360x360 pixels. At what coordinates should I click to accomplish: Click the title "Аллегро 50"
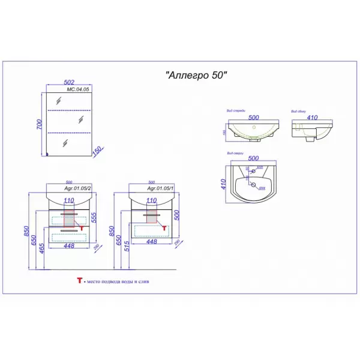click(x=196, y=76)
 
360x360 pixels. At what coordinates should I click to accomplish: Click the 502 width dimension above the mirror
click(x=71, y=84)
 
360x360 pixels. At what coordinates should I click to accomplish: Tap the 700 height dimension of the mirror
click(x=40, y=124)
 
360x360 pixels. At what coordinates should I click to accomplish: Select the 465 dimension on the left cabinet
click(x=41, y=247)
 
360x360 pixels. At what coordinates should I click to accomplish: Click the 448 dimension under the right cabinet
click(x=151, y=242)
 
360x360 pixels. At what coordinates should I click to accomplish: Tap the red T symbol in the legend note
click(x=78, y=280)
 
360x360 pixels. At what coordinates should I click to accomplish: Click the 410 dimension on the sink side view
click(x=311, y=118)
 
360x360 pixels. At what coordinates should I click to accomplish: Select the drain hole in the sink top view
click(x=253, y=187)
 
